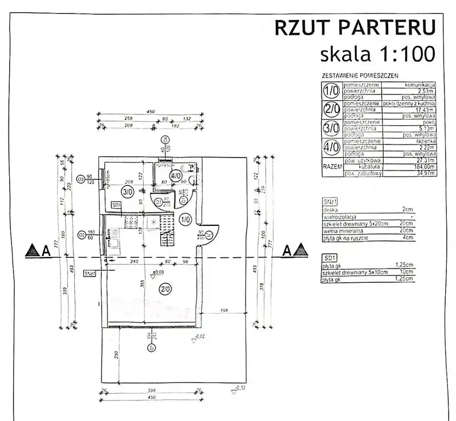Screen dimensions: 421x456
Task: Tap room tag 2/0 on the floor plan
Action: [165, 289]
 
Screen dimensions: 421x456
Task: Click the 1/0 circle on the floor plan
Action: [185, 219]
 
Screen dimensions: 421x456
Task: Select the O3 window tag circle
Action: [81, 180]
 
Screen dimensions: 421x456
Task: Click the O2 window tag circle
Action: [81, 234]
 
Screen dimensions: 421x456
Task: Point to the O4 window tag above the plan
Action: [165, 139]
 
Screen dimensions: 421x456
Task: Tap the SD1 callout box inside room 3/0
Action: [117, 205]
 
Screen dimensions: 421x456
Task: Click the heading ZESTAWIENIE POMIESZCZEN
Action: [360, 75]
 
